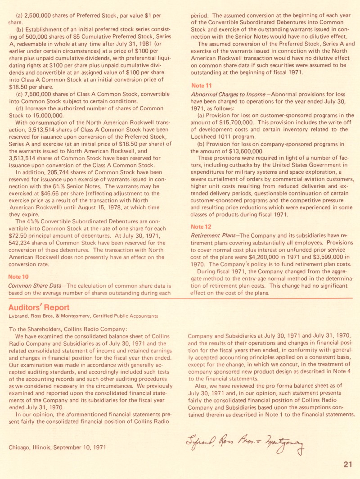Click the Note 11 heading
201,86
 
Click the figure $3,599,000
329,256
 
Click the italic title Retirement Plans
215,235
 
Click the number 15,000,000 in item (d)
45,116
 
